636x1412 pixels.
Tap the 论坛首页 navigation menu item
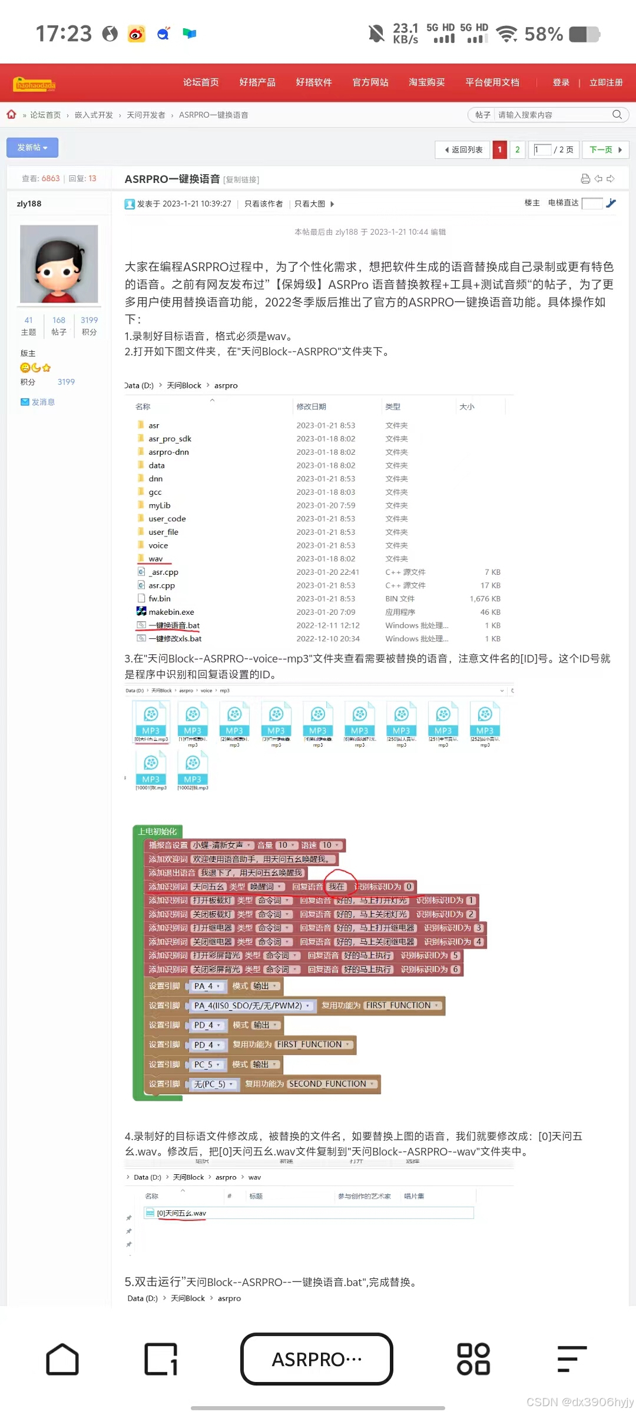point(201,82)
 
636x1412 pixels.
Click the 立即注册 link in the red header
point(605,82)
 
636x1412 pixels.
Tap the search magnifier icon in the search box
point(617,115)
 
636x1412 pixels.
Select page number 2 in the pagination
point(517,149)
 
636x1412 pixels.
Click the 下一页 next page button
point(605,149)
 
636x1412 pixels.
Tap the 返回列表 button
point(463,149)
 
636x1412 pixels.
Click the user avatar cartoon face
point(59,264)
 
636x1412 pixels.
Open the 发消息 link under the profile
point(42,402)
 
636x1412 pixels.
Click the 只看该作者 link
point(263,204)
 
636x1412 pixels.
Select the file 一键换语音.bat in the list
point(174,625)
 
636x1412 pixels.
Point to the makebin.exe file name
point(171,612)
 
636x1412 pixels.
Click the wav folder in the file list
point(155,559)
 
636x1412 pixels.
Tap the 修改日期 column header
point(311,407)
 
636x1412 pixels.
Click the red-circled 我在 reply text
point(337,887)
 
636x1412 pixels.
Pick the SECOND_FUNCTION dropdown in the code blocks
point(332,1084)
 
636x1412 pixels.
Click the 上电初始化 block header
point(157,831)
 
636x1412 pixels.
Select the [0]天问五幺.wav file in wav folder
point(181,1213)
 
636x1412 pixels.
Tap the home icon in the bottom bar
point(62,1359)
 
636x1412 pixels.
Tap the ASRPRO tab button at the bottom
point(317,1359)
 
